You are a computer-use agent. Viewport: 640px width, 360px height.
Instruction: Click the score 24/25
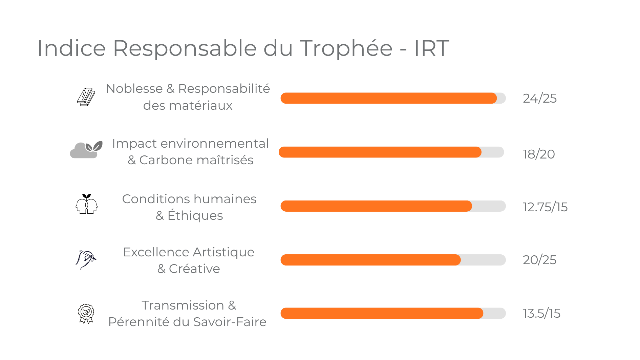pyautogui.click(x=539, y=98)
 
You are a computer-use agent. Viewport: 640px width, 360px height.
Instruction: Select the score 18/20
pyautogui.click(x=538, y=154)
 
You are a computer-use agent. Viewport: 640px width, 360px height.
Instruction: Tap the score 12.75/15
pyautogui.click(x=545, y=207)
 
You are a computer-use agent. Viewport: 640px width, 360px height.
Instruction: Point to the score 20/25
pyautogui.click(x=539, y=260)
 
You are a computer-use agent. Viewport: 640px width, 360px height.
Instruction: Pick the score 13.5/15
pyautogui.click(x=541, y=313)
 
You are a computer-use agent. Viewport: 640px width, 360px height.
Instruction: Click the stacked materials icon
pyautogui.click(x=86, y=97)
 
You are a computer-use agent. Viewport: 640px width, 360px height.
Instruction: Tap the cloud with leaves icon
pyautogui.click(x=86, y=150)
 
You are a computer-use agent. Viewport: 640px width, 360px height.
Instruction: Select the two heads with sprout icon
pyautogui.click(x=86, y=204)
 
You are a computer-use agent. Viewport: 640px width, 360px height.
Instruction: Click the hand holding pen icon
pyautogui.click(x=86, y=259)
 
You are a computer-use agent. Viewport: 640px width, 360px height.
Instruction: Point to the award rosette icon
pyautogui.click(x=86, y=313)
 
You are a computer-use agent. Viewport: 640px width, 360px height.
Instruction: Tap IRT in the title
pyautogui.click(x=431, y=48)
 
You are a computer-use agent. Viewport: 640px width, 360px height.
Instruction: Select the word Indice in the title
pyautogui.click(x=71, y=48)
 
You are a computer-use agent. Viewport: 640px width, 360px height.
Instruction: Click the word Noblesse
pyautogui.click(x=134, y=88)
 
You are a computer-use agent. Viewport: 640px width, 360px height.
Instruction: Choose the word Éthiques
pyautogui.click(x=195, y=215)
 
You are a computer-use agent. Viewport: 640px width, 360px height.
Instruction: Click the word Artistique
pyautogui.click(x=223, y=252)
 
